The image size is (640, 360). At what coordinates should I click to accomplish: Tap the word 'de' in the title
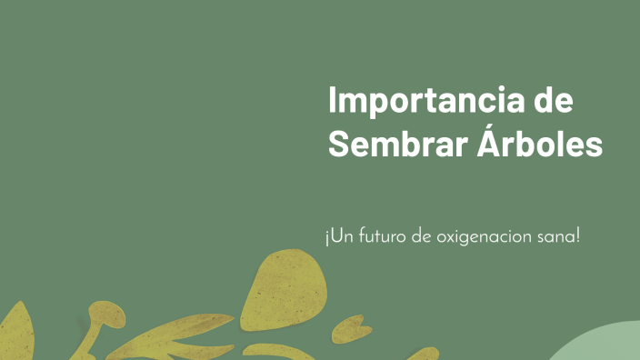554,100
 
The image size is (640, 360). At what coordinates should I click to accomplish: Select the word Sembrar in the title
398,144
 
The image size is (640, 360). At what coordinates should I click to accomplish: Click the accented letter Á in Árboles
492,142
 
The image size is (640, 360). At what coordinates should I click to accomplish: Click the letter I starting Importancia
333,100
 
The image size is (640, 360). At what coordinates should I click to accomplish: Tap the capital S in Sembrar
338,144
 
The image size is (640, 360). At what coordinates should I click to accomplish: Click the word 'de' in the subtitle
420,238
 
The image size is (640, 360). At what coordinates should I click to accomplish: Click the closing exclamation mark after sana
577,237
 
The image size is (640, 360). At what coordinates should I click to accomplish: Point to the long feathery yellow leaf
173,335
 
